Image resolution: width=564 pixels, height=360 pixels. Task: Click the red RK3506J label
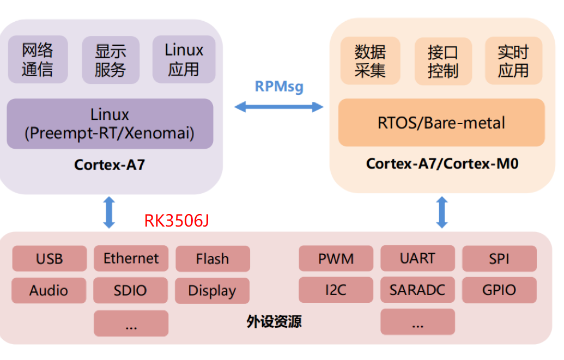177,221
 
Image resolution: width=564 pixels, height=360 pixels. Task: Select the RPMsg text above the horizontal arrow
279,86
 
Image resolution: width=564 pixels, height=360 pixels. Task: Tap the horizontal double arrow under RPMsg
279,107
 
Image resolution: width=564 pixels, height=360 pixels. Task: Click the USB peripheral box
49,258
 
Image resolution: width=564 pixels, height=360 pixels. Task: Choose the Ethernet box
131,258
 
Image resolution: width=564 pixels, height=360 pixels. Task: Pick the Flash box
213,259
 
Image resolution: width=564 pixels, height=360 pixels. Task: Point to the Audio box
49,290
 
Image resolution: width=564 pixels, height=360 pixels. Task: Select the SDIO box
131,290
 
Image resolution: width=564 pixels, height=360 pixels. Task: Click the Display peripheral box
212,291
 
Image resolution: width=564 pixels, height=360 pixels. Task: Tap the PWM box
336,258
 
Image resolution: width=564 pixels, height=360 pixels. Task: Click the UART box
417,258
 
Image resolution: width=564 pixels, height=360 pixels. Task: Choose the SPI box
499,258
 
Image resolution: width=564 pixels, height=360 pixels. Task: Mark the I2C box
336,290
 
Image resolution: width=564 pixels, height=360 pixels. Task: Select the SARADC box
417,290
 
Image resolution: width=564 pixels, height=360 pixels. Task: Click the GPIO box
499,290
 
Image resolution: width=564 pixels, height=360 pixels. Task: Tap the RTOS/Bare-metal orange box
441,123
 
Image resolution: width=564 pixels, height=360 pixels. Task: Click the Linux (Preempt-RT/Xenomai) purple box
110,124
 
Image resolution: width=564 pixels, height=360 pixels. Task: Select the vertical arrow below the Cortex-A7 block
110,212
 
